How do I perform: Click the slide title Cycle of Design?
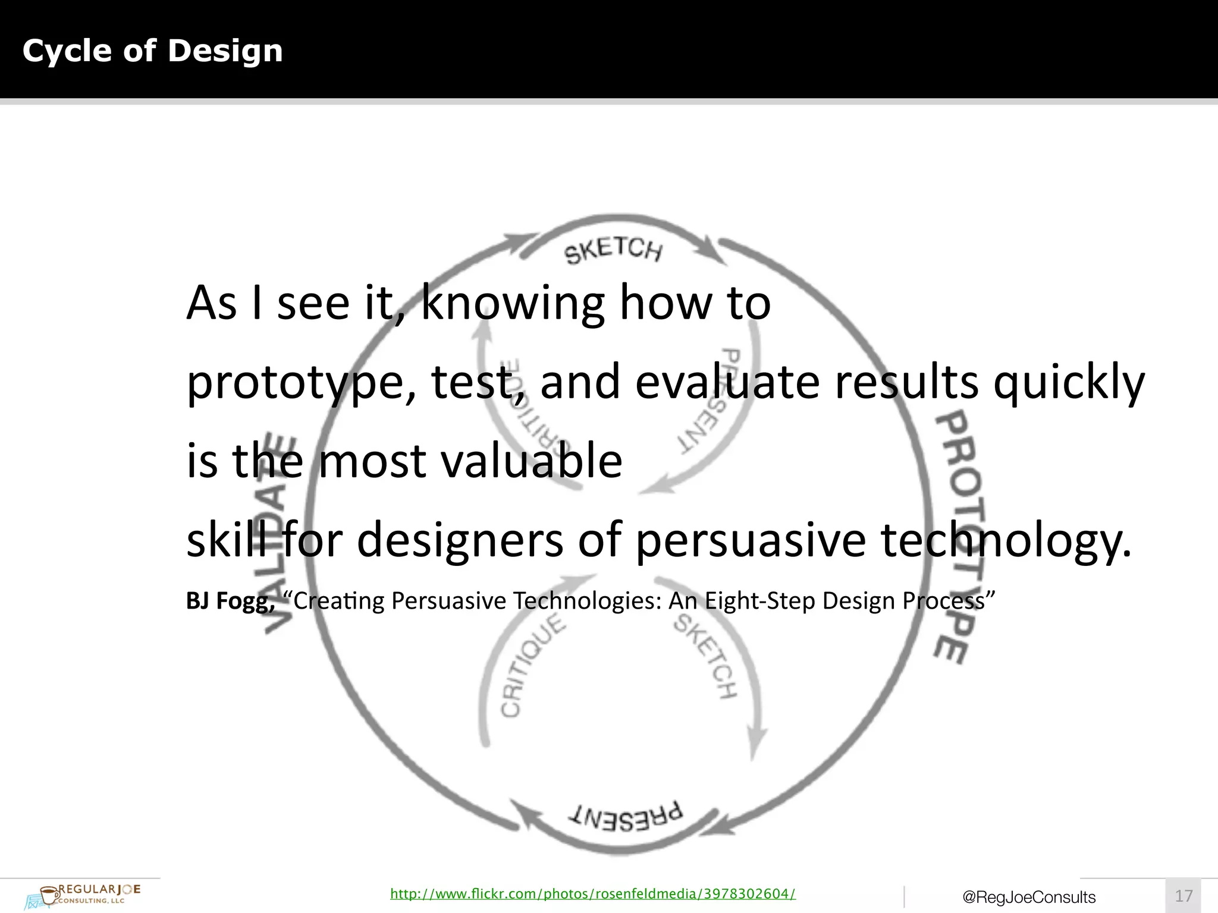tap(152, 51)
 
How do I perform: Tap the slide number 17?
tap(1184, 896)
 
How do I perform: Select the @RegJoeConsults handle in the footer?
tap(1029, 897)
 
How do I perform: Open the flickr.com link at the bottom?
tap(592, 893)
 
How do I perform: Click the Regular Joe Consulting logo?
tap(83, 895)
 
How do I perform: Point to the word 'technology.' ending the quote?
tap(1006, 540)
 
